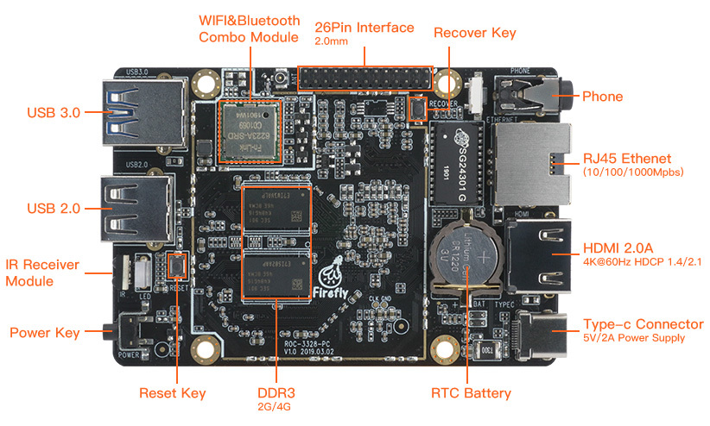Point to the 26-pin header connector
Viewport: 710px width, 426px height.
click(x=364, y=78)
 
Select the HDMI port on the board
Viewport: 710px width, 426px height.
click(x=537, y=255)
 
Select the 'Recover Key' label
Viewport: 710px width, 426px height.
click(x=474, y=33)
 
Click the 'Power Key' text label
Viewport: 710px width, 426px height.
click(x=44, y=332)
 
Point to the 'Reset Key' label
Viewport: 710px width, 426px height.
click(x=173, y=393)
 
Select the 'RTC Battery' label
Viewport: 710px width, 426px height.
click(x=471, y=393)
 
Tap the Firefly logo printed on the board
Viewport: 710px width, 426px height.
click(x=333, y=278)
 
